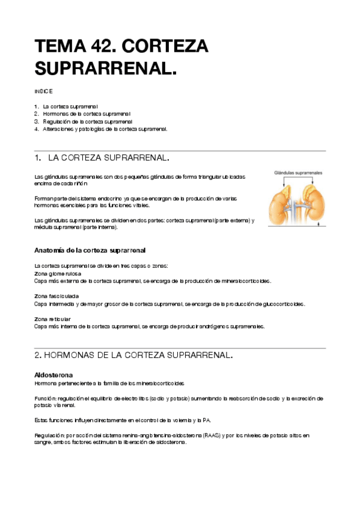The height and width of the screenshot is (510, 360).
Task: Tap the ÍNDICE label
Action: point(44,91)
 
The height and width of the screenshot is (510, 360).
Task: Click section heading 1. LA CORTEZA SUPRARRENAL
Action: point(102,158)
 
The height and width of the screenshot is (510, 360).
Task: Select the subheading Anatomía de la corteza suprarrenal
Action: point(90,250)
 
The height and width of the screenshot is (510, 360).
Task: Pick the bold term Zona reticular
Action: point(52,319)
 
